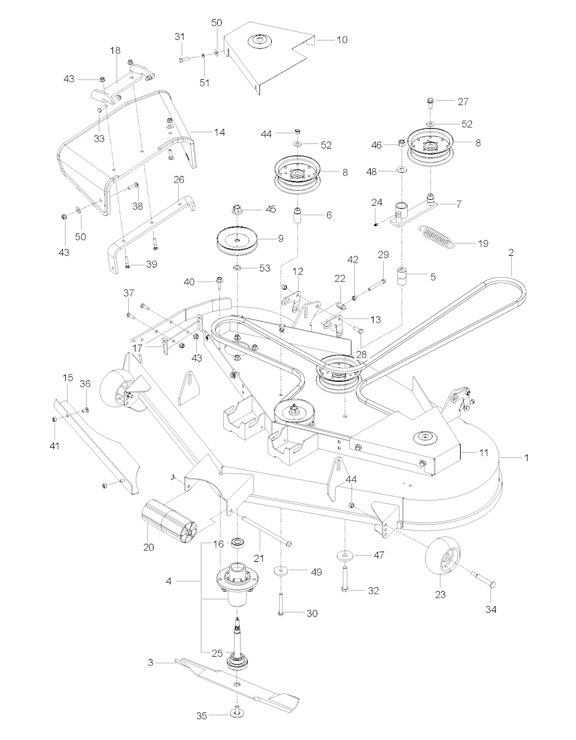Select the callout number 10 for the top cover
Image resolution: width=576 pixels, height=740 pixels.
[x=342, y=40]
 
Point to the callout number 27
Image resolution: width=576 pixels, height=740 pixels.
[x=462, y=102]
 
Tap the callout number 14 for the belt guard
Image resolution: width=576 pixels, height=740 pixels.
[x=219, y=132]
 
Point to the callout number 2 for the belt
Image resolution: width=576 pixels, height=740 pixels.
[x=511, y=254]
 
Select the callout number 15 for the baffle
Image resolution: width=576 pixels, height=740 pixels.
[x=69, y=375]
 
